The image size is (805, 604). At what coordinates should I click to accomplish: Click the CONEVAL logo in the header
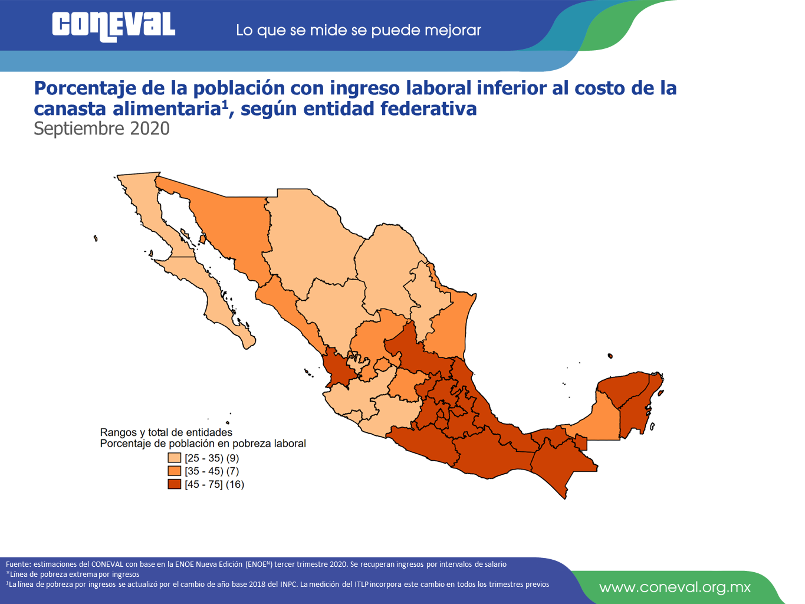tap(114, 27)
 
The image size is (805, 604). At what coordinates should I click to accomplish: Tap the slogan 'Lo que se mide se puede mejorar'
tap(359, 31)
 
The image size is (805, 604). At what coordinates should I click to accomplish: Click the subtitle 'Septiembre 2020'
tap(101, 129)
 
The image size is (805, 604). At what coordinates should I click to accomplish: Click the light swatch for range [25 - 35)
tap(174, 458)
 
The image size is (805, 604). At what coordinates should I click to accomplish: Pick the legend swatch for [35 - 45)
tap(174, 471)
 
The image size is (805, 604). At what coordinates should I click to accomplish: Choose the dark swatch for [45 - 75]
tap(174, 484)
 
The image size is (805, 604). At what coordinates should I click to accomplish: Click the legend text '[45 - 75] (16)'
tap(214, 484)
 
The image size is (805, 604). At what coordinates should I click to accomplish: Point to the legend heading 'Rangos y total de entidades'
tap(166, 432)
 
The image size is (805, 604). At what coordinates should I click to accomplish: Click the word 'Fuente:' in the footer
tap(18, 564)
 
